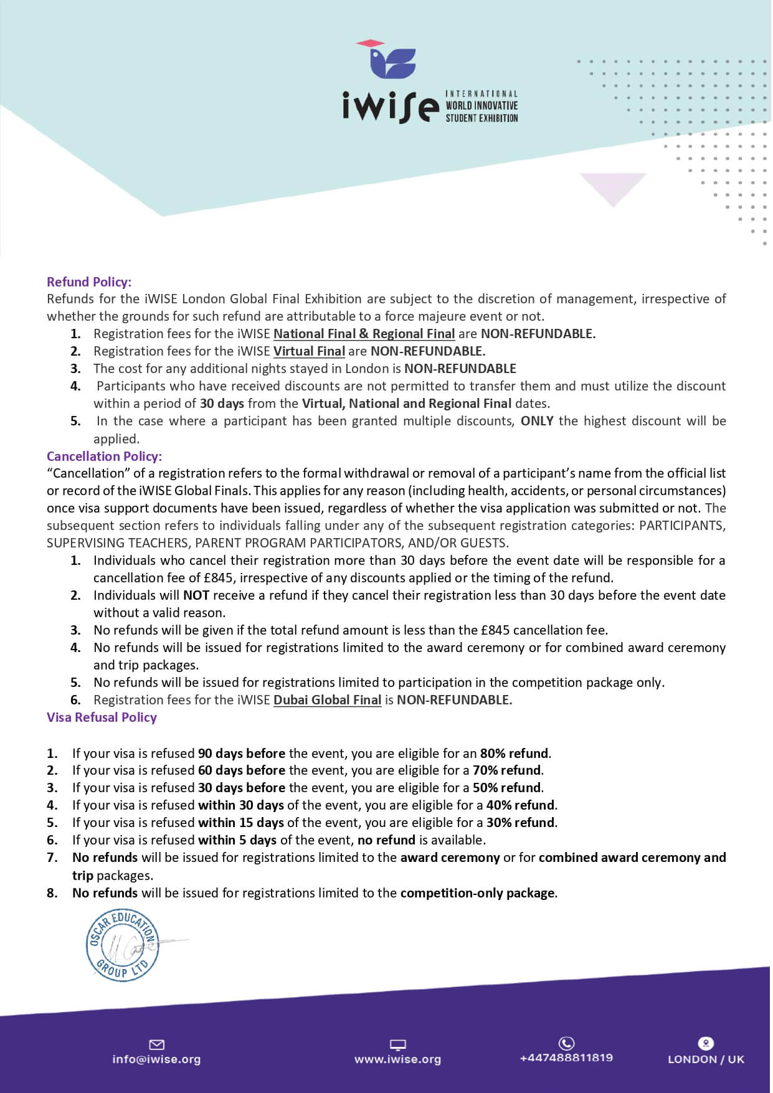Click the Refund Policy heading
(89, 282)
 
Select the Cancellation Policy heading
(104, 456)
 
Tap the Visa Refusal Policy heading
(102, 717)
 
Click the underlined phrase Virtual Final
(309, 351)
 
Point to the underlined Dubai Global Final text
(327, 700)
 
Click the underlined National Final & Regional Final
(364, 334)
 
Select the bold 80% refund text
(515, 753)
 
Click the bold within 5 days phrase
(237, 840)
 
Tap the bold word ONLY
(537, 421)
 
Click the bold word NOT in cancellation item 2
(196, 595)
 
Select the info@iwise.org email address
(156, 1059)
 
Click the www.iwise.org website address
(397, 1059)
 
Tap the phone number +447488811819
(566, 1058)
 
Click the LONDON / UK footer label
(706, 1059)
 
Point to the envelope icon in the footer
(156, 1044)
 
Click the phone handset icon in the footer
(566, 1043)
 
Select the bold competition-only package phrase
(478, 893)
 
